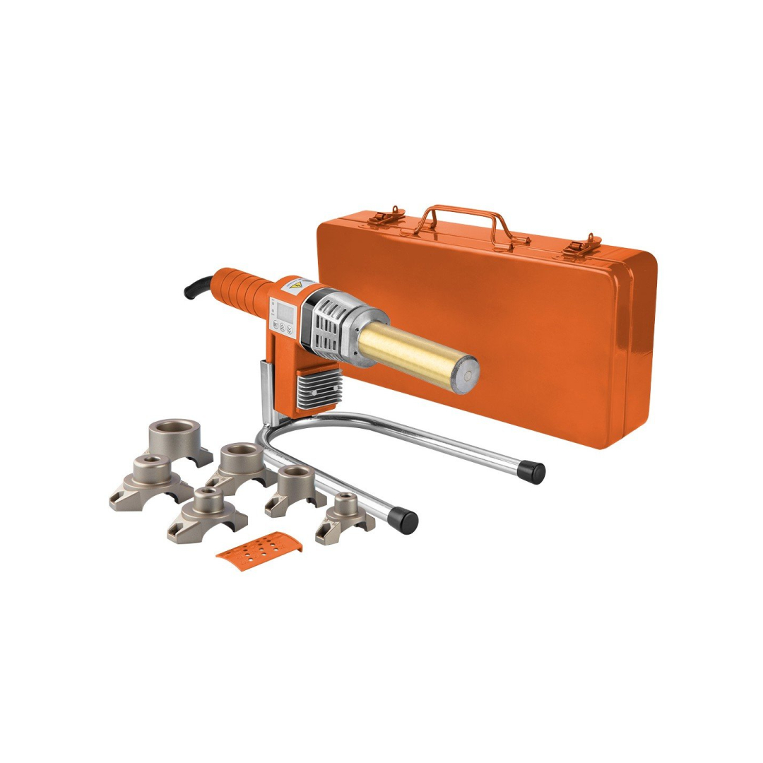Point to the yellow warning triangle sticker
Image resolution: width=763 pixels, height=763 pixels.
coord(297,286)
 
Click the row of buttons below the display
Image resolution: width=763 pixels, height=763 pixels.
coord(283,327)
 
